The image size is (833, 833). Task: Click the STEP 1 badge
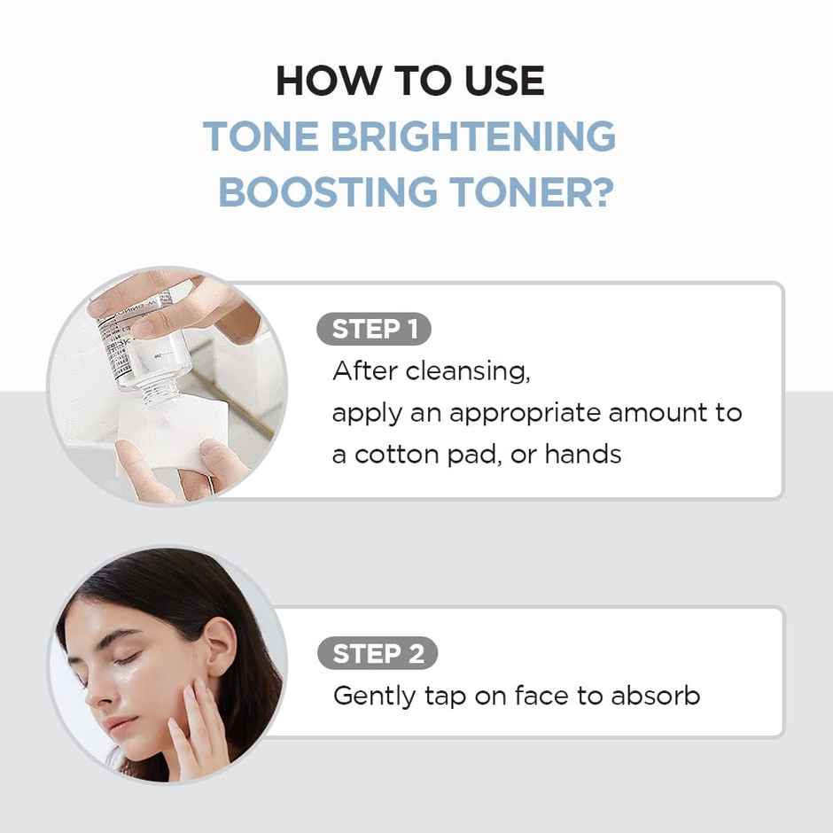(x=373, y=330)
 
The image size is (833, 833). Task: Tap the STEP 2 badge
(x=378, y=654)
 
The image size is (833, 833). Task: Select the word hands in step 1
(x=582, y=455)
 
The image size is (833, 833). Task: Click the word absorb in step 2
(x=655, y=696)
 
